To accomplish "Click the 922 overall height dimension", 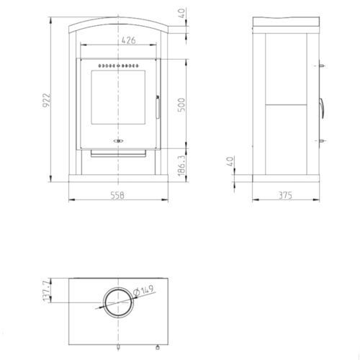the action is click(x=46, y=100).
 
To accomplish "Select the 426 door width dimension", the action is click(x=128, y=40).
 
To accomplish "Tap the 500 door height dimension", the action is click(x=181, y=105).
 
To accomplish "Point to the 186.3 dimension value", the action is click(x=182, y=166).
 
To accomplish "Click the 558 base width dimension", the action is click(x=117, y=195).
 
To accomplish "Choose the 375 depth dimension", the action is click(x=285, y=195).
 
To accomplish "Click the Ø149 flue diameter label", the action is click(x=143, y=291).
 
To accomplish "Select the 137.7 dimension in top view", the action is click(x=47, y=290).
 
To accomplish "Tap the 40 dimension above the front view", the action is click(x=182, y=13).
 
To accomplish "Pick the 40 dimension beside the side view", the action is click(x=230, y=161).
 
